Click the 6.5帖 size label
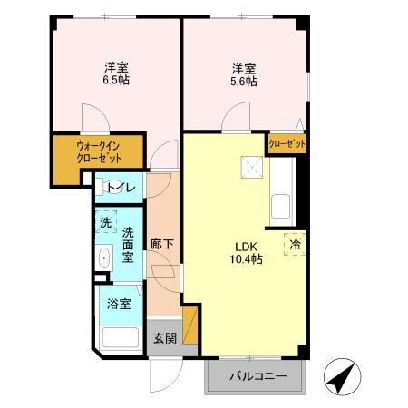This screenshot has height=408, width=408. [x=116, y=81]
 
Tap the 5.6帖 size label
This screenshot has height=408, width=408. [x=243, y=81]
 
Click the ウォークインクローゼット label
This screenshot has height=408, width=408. [x=99, y=151]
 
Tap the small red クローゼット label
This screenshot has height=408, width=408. [x=287, y=144]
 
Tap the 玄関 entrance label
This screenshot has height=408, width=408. [x=163, y=339]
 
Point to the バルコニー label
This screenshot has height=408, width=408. [x=257, y=376]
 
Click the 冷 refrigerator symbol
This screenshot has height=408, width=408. [x=294, y=244]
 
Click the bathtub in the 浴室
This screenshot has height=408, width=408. [x=120, y=338]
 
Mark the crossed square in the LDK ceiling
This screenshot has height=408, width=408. [x=249, y=168]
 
